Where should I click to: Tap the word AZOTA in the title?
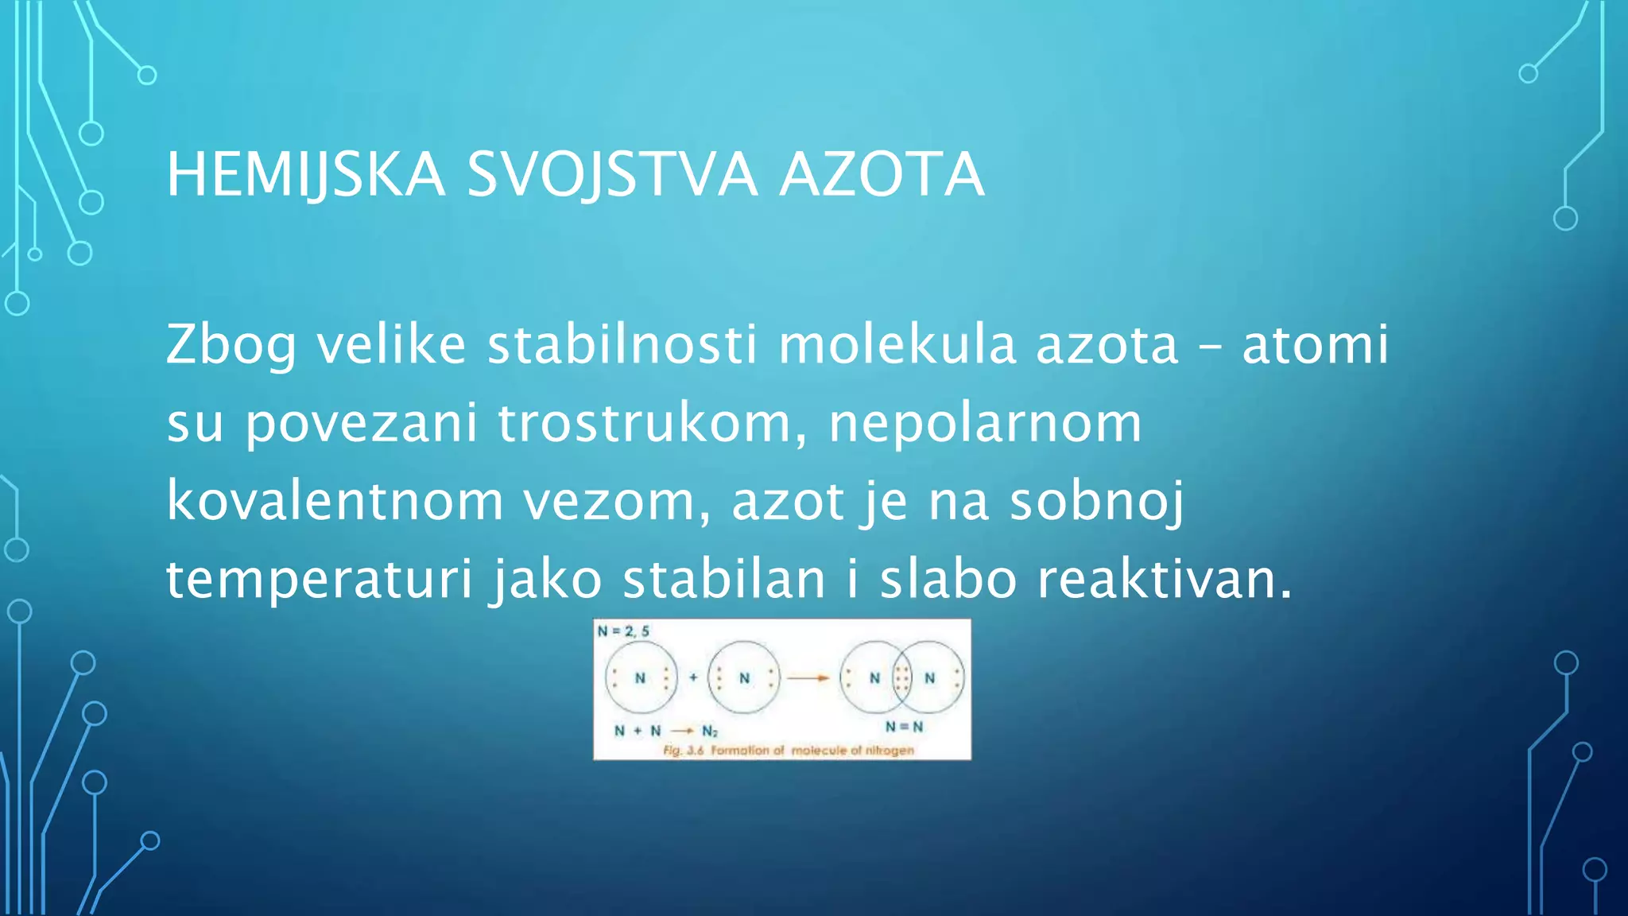pyautogui.click(x=882, y=175)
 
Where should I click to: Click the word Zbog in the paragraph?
pyautogui.click(x=231, y=346)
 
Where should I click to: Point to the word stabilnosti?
pyautogui.click(x=622, y=344)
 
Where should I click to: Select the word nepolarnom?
pyautogui.click(x=985, y=423)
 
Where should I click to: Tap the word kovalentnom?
pyautogui.click(x=335, y=501)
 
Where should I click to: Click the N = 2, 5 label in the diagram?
pyautogui.click(x=623, y=631)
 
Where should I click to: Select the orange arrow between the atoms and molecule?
pyautogui.click(x=809, y=678)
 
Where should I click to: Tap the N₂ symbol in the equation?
pyautogui.click(x=709, y=731)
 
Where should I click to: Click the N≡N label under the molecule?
pyautogui.click(x=905, y=727)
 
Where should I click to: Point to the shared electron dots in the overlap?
pyautogui.click(x=902, y=678)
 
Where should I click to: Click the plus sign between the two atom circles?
pyautogui.click(x=693, y=677)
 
